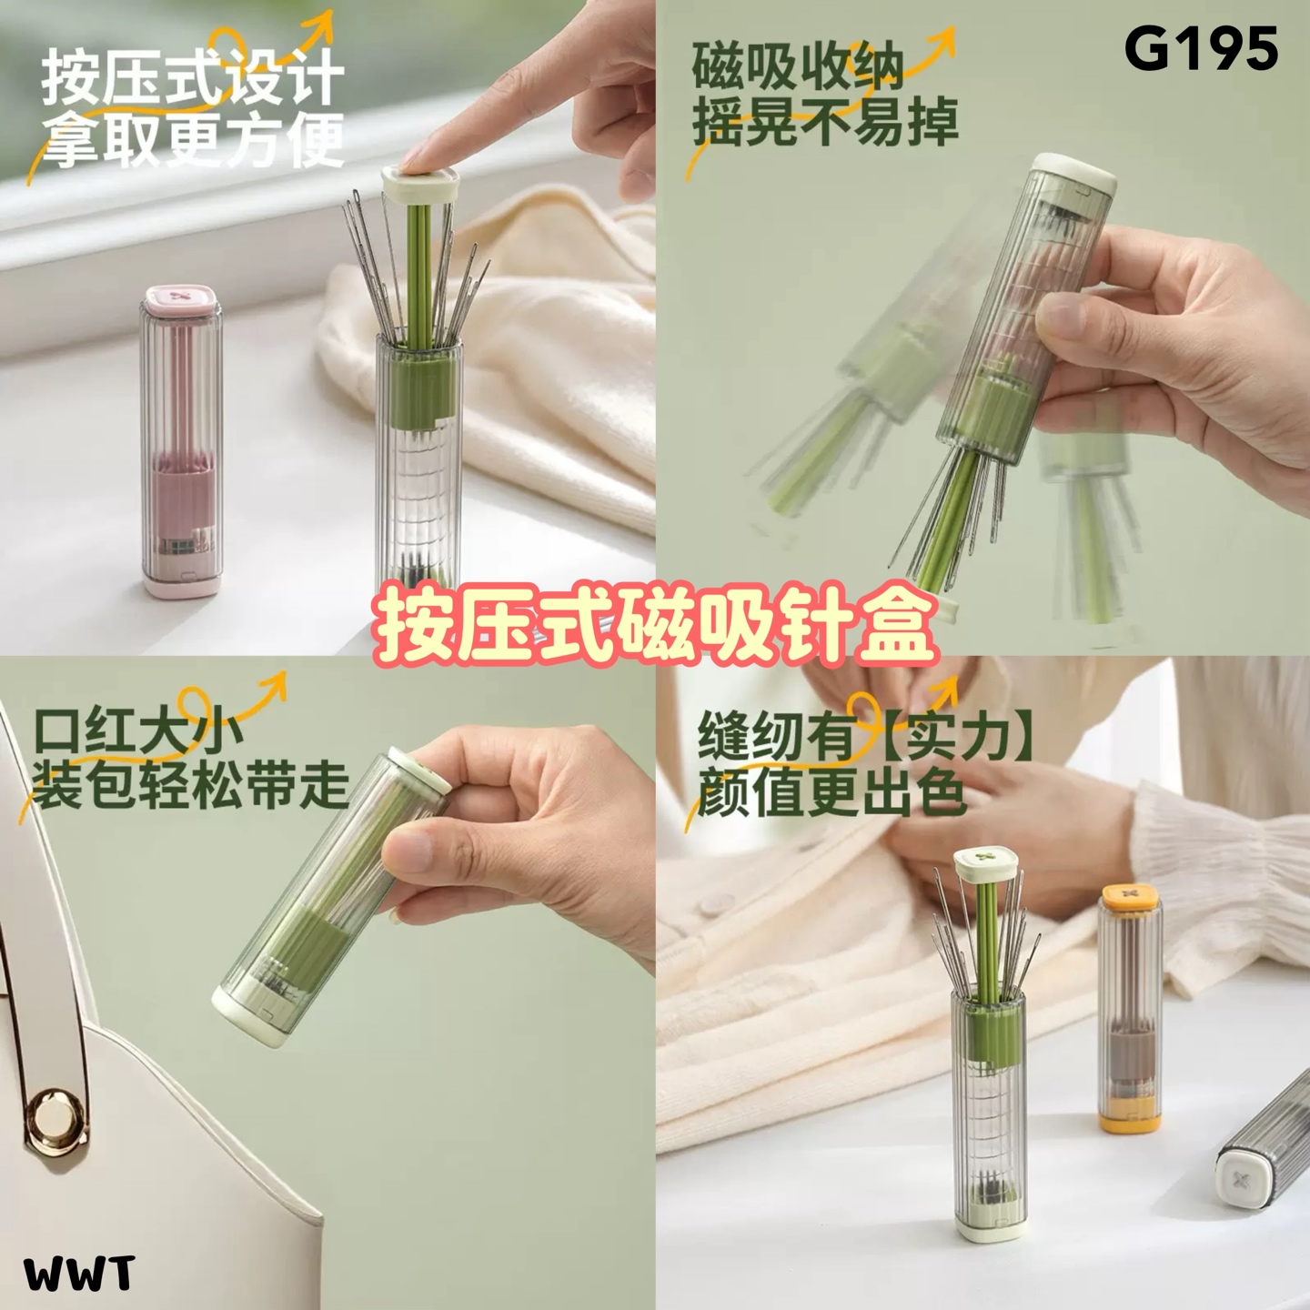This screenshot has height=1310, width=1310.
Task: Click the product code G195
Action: tap(1201, 50)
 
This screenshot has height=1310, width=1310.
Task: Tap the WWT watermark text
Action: tap(79, 1274)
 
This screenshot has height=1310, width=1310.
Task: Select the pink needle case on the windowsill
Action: tap(182, 441)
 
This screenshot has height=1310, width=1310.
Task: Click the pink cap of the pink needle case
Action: tap(182, 301)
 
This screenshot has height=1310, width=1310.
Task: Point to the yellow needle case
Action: tap(1129, 1007)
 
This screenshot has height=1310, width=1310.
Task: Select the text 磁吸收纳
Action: tap(798, 67)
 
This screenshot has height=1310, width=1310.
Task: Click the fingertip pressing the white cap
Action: tap(416, 158)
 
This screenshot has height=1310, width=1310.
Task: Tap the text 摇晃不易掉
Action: tap(825, 123)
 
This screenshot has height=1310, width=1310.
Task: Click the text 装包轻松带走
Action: tap(191, 786)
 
